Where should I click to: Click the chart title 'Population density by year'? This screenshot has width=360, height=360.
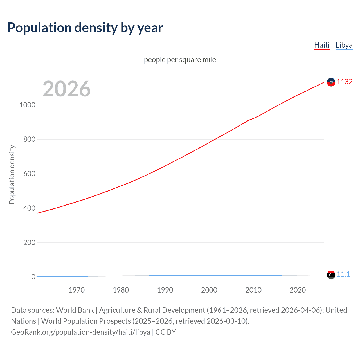85,28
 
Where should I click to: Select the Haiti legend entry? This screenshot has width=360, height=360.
322,45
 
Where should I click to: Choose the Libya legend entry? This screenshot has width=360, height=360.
344,45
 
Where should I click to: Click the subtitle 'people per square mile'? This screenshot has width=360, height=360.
180,60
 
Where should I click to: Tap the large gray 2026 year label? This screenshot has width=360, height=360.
67,89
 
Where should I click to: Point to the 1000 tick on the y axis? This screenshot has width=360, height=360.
27,105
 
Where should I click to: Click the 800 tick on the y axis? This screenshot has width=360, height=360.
29,139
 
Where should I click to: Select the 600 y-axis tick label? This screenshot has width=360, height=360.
29,174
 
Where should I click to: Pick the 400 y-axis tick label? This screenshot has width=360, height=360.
29,208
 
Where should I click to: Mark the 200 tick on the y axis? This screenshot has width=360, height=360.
29,242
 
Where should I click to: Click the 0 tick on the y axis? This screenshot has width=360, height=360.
33,277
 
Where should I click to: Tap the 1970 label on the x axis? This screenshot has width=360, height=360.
76,290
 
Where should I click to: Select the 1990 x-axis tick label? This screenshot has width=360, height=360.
165,290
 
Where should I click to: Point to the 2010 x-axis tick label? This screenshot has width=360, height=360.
253,290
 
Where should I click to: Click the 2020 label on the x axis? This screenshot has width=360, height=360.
298,290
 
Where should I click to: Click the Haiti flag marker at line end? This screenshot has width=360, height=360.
331,82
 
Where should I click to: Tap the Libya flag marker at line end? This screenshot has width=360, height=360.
331,275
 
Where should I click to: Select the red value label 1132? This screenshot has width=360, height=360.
345,82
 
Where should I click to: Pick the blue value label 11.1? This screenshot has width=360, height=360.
343,274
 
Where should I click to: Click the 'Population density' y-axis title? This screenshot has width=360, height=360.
12,174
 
